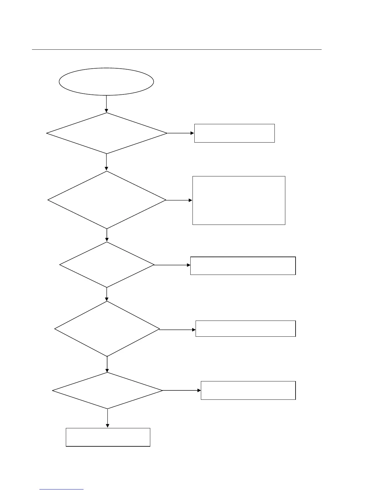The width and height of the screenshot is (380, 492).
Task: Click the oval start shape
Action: pyautogui.click(x=106, y=81)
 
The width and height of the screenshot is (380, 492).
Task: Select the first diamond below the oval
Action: pyautogui.click(x=107, y=133)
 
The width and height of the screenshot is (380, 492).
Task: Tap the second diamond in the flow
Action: pyautogui.click(x=107, y=200)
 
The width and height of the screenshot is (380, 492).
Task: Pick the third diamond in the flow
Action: pyautogui.click(x=107, y=265)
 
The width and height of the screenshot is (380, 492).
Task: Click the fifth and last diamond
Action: pyautogui.click(x=107, y=390)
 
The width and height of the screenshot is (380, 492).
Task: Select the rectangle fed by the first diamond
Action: pyautogui.click(x=234, y=133)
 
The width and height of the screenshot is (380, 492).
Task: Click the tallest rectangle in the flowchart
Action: pyautogui.click(x=239, y=200)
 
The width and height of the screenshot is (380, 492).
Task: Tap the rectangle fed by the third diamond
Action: pyautogui.click(x=243, y=266)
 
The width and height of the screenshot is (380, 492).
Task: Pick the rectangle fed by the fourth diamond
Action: pyautogui.click(x=245, y=329)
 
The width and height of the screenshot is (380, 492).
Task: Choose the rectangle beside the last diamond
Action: pyautogui.click(x=248, y=390)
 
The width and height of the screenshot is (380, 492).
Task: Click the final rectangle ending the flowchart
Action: pyautogui.click(x=108, y=437)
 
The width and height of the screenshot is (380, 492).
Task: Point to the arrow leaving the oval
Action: pyautogui.click(x=106, y=104)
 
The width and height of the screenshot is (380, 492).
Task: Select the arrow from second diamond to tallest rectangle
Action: pyautogui.click(x=179, y=200)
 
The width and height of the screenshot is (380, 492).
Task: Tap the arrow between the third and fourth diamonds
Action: pyautogui.click(x=107, y=294)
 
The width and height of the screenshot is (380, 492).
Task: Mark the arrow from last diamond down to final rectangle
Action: pyautogui.click(x=107, y=418)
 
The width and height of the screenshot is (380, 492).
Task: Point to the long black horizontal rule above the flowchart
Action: pyautogui.click(x=177, y=49)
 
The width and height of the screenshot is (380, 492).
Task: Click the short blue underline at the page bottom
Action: pyautogui.click(x=61, y=490)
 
